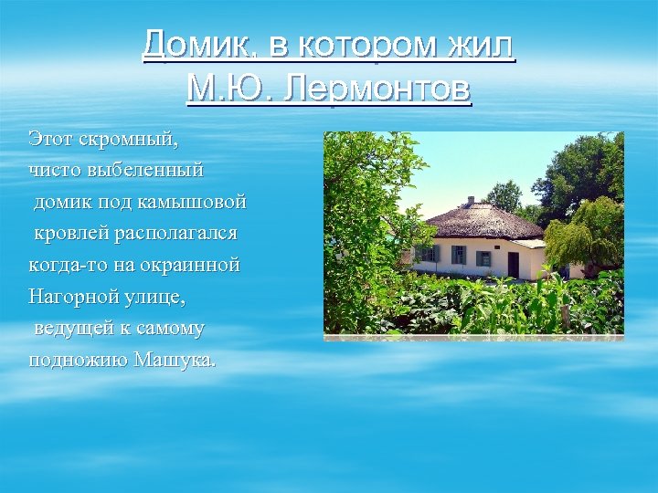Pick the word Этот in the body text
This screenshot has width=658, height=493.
(49, 140)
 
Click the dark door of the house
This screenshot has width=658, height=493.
(514, 265)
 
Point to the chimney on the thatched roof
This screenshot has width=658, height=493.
(471, 201)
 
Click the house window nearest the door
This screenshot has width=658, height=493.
(483, 258)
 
